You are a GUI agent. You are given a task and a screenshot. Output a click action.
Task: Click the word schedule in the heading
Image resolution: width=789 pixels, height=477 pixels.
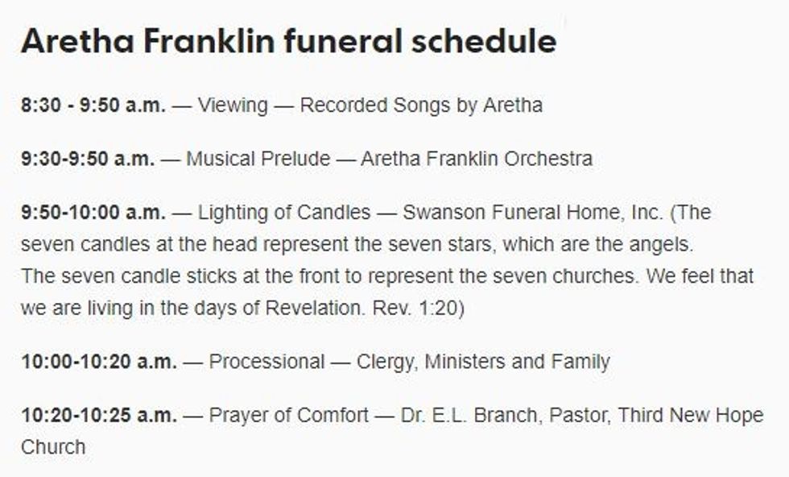click(484, 41)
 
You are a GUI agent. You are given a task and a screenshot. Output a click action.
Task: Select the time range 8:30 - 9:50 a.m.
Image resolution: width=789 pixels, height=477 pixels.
click(93, 106)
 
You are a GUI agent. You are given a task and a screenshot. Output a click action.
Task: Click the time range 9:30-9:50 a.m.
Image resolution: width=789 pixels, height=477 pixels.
click(88, 159)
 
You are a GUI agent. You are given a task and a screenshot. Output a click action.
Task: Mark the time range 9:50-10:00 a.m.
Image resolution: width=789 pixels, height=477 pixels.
click(93, 213)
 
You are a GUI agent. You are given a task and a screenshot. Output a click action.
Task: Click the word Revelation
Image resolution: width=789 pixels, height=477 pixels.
click(315, 308)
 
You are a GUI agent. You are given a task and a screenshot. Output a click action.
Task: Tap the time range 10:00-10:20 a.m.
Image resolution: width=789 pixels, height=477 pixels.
click(99, 362)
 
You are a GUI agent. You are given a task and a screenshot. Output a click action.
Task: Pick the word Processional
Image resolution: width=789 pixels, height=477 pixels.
click(266, 362)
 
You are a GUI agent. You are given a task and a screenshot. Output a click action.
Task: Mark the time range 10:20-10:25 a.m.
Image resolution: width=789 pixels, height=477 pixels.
click(99, 416)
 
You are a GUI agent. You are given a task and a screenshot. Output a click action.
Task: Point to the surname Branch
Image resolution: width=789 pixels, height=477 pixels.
click(508, 416)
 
